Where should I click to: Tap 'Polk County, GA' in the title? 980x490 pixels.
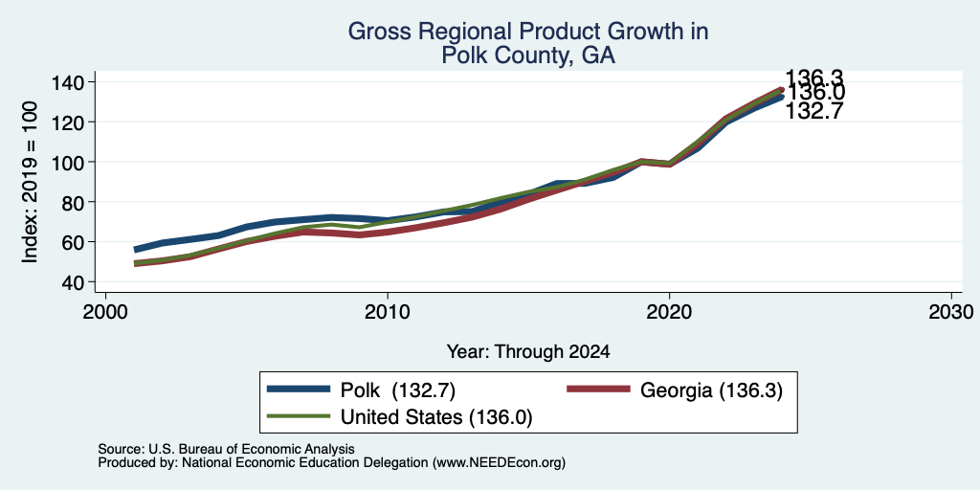[x=528, y=56]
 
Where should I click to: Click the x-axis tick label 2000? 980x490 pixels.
[x=105, y=311]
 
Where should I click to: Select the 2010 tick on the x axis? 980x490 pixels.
[x=388, y=311]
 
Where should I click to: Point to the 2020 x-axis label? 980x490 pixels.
[x=669, y=311]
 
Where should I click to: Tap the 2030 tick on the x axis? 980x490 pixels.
[x=951, y=311]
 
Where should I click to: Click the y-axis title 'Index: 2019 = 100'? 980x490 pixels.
[x=31, y=182]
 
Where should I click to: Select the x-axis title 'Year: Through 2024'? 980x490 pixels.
[x=528, y=352]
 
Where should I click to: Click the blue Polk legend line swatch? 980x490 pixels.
[x=299, y=390]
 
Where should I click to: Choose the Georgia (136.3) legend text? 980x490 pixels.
[x=711, y=390]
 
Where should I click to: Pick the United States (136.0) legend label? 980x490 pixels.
[x=436, y=417]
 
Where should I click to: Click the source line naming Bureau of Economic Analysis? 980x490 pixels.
[x=226, y=449]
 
